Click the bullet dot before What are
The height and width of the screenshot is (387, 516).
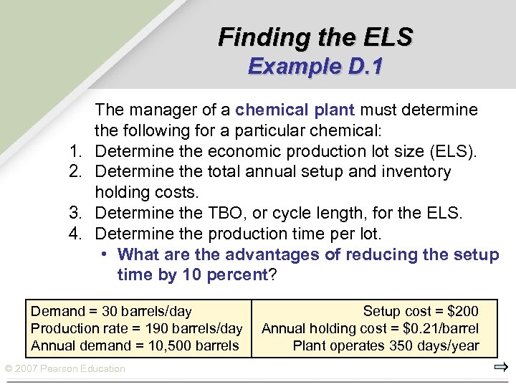coord(105,254)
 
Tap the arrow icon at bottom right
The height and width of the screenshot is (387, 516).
coord(501,368)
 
